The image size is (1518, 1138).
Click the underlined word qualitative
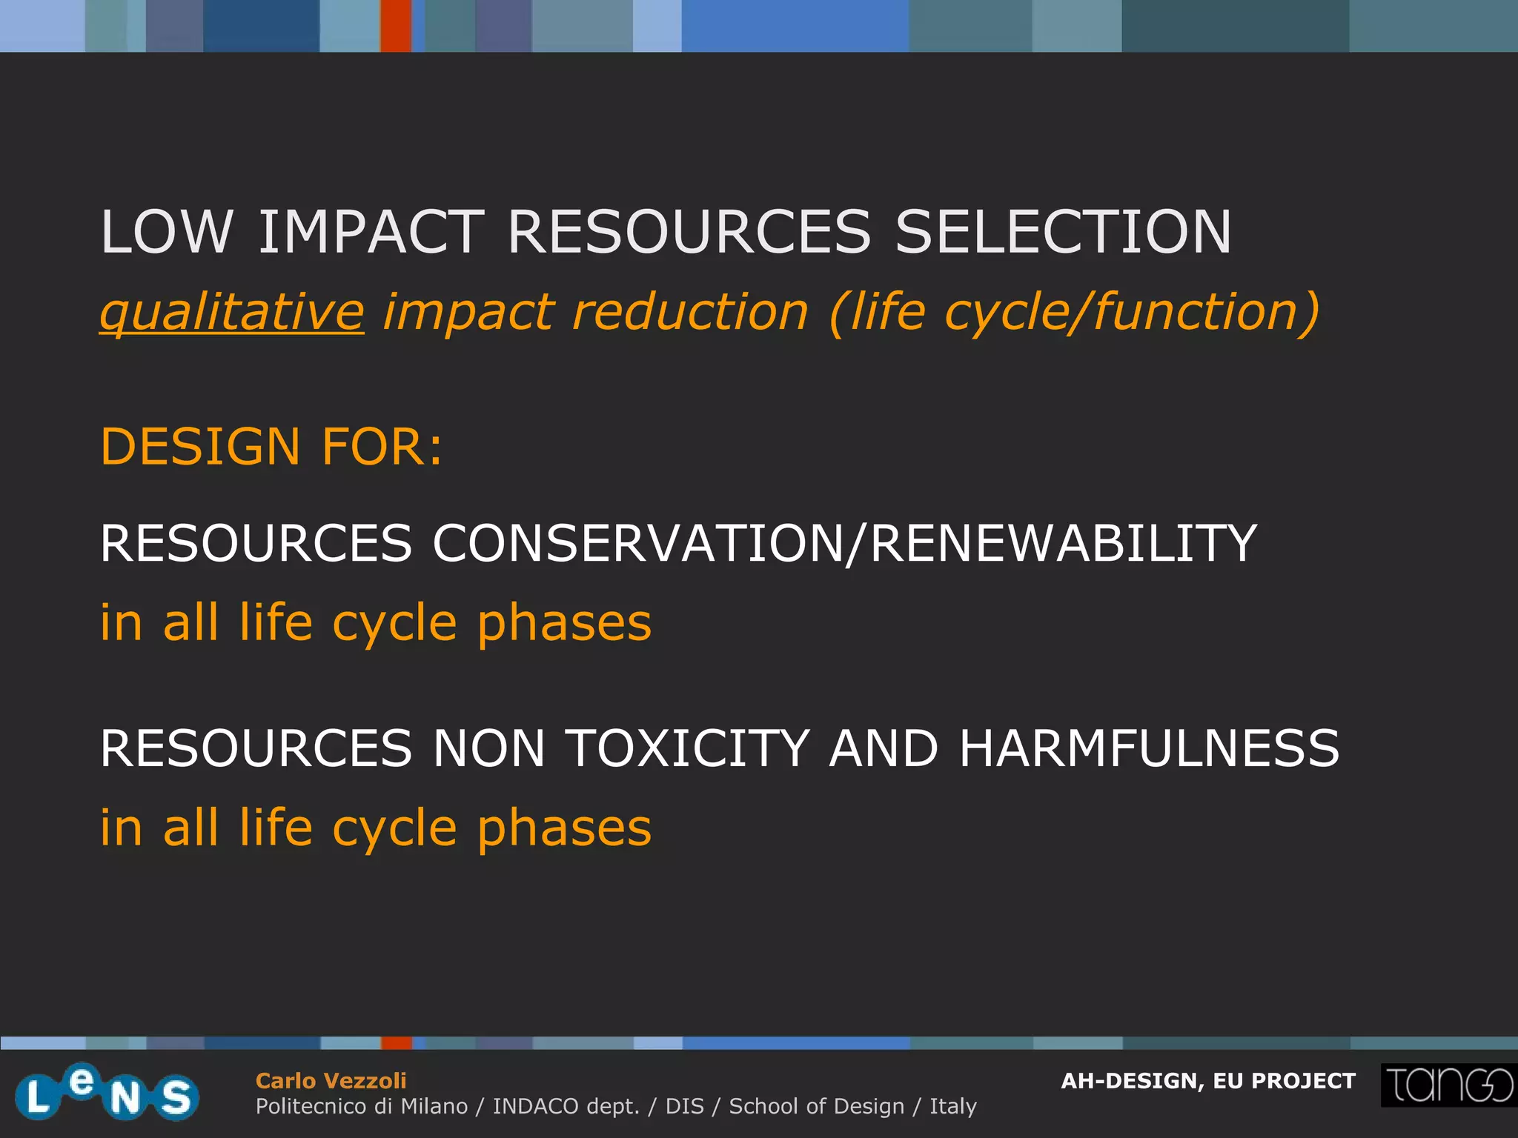(x=232, y=312)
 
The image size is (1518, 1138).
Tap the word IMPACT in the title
(x=371, y=232)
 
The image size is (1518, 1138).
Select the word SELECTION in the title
(x=1063, y=232)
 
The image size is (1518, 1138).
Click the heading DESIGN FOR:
(x=271, y=447)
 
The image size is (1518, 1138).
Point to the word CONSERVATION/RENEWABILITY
(x=844, y=543)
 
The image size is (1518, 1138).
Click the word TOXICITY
(x=687, y=748)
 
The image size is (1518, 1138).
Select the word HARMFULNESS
(x=1149, y=748)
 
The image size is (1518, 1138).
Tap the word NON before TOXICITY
(x=489, y=748)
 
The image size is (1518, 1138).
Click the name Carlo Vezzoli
(x=331, y=1081)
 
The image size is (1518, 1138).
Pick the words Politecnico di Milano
(x=362, y=1106)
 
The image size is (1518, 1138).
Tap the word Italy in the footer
(x=953, y=1106)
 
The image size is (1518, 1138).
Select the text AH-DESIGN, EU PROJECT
(x=1208, y=1081)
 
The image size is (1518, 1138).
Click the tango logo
(x=1448, y=1085)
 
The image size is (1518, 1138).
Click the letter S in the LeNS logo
(x=176, y=1097)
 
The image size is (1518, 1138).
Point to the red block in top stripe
(x=396, y=26)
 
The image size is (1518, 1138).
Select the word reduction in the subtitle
(x=690, y=312)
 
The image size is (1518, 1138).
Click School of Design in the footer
(x=817, y=1106)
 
